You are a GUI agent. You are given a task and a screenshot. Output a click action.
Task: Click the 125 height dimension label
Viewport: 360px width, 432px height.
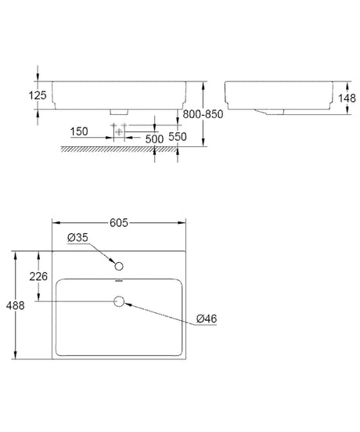click(x=38, y=95)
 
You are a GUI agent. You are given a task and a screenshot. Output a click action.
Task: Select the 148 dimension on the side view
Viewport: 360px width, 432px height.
click(x=347, y=98)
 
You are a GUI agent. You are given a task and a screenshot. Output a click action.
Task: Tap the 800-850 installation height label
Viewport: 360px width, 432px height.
click(x=203, y=114)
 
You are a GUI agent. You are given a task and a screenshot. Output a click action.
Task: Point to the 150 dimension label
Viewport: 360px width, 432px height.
click(x=79, y=131)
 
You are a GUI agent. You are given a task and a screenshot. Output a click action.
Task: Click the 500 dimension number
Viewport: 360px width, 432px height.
click(x=154, y=139)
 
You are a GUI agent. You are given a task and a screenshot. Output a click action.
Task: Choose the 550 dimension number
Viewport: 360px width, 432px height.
click(x=178, y=137)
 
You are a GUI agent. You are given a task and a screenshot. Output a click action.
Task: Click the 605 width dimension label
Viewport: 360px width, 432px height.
click(x=119, y=222)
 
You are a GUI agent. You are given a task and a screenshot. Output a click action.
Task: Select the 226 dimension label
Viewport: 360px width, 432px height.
click(x=38, y=276)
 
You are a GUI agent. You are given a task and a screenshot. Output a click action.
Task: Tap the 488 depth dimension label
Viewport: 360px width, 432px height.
click(x=15, y=305)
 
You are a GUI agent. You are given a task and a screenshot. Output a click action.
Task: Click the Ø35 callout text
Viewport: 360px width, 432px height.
click(x=77, y=237)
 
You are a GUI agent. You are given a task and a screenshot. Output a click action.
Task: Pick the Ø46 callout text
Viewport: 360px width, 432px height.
click(x=207, y=319)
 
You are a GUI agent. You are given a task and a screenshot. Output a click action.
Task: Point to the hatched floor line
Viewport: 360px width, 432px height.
click(x=119, y=149)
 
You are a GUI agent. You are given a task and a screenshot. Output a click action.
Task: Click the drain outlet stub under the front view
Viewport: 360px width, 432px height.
click(x=119, y=112)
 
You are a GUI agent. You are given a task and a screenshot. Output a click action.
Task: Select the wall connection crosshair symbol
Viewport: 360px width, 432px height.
click(x=119, y=131)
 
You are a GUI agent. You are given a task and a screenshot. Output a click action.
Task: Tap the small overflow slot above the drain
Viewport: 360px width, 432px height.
click(x=119, y=282)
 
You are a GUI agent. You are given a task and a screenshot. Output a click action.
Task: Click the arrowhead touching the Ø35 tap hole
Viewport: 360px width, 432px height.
click(x=112, y=261)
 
